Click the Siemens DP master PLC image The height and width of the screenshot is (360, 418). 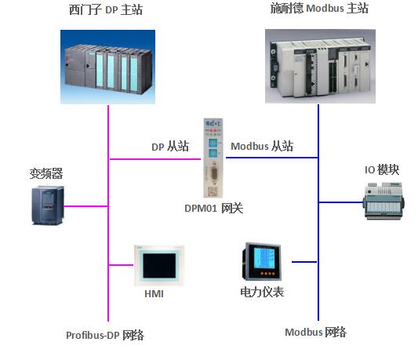pos(107,67)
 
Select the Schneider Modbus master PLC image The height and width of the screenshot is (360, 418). pos(320,66)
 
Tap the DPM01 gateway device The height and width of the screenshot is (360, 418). pos(213,158)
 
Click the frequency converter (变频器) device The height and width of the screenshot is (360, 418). pos(48,205)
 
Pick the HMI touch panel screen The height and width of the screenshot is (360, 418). pos(159,265)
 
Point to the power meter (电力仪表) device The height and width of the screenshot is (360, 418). pos(261,261)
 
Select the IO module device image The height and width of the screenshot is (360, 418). pos(383,201)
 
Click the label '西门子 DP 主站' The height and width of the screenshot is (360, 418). pos(106,9)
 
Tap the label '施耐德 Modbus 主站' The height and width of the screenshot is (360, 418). pos(319,8)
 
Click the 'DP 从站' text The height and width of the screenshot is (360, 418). pos(170,147)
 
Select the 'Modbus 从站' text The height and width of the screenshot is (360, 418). pos(262,146)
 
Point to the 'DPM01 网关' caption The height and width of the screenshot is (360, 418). pos(214,208)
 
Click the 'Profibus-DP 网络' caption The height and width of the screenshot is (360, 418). pos(105,335)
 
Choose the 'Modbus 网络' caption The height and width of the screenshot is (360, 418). pos(315,332)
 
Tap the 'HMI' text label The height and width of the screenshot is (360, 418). pos(154,294)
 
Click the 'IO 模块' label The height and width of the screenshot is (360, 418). pos(382,169)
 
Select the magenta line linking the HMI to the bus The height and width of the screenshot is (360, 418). pos(122,265)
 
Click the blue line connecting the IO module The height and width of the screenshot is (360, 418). pos(341,202)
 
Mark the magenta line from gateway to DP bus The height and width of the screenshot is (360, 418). pos(154,159)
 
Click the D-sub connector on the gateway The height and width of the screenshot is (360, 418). pos(214,173)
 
